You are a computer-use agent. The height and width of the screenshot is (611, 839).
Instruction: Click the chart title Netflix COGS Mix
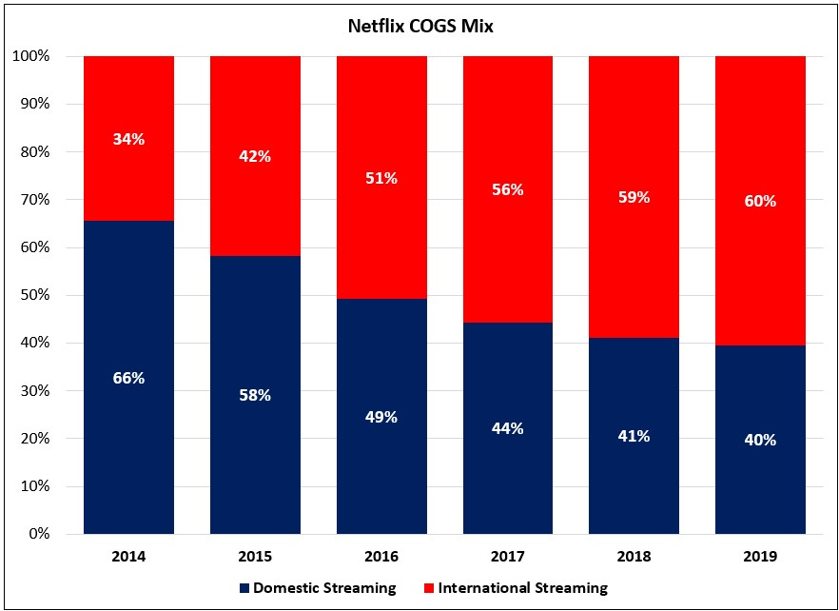coord(419,27)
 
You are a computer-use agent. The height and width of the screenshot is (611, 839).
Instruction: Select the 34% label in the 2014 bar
coord(128,139)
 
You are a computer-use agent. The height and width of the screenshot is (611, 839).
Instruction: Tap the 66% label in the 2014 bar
coord(128,378)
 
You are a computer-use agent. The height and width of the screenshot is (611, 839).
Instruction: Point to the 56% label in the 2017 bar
coord(507,189)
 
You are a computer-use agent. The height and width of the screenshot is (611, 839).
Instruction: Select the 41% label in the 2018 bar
coord(634,436)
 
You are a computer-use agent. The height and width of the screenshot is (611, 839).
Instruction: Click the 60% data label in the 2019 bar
coord(760,201)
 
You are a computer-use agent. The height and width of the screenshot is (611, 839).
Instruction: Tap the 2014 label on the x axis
coord(128,556)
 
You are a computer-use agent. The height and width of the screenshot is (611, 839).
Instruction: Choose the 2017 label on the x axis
coord(507,556)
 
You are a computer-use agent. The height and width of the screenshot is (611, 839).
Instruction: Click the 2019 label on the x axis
coord(760,556)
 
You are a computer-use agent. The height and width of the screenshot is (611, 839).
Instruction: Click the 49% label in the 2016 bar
coord(381,417)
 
